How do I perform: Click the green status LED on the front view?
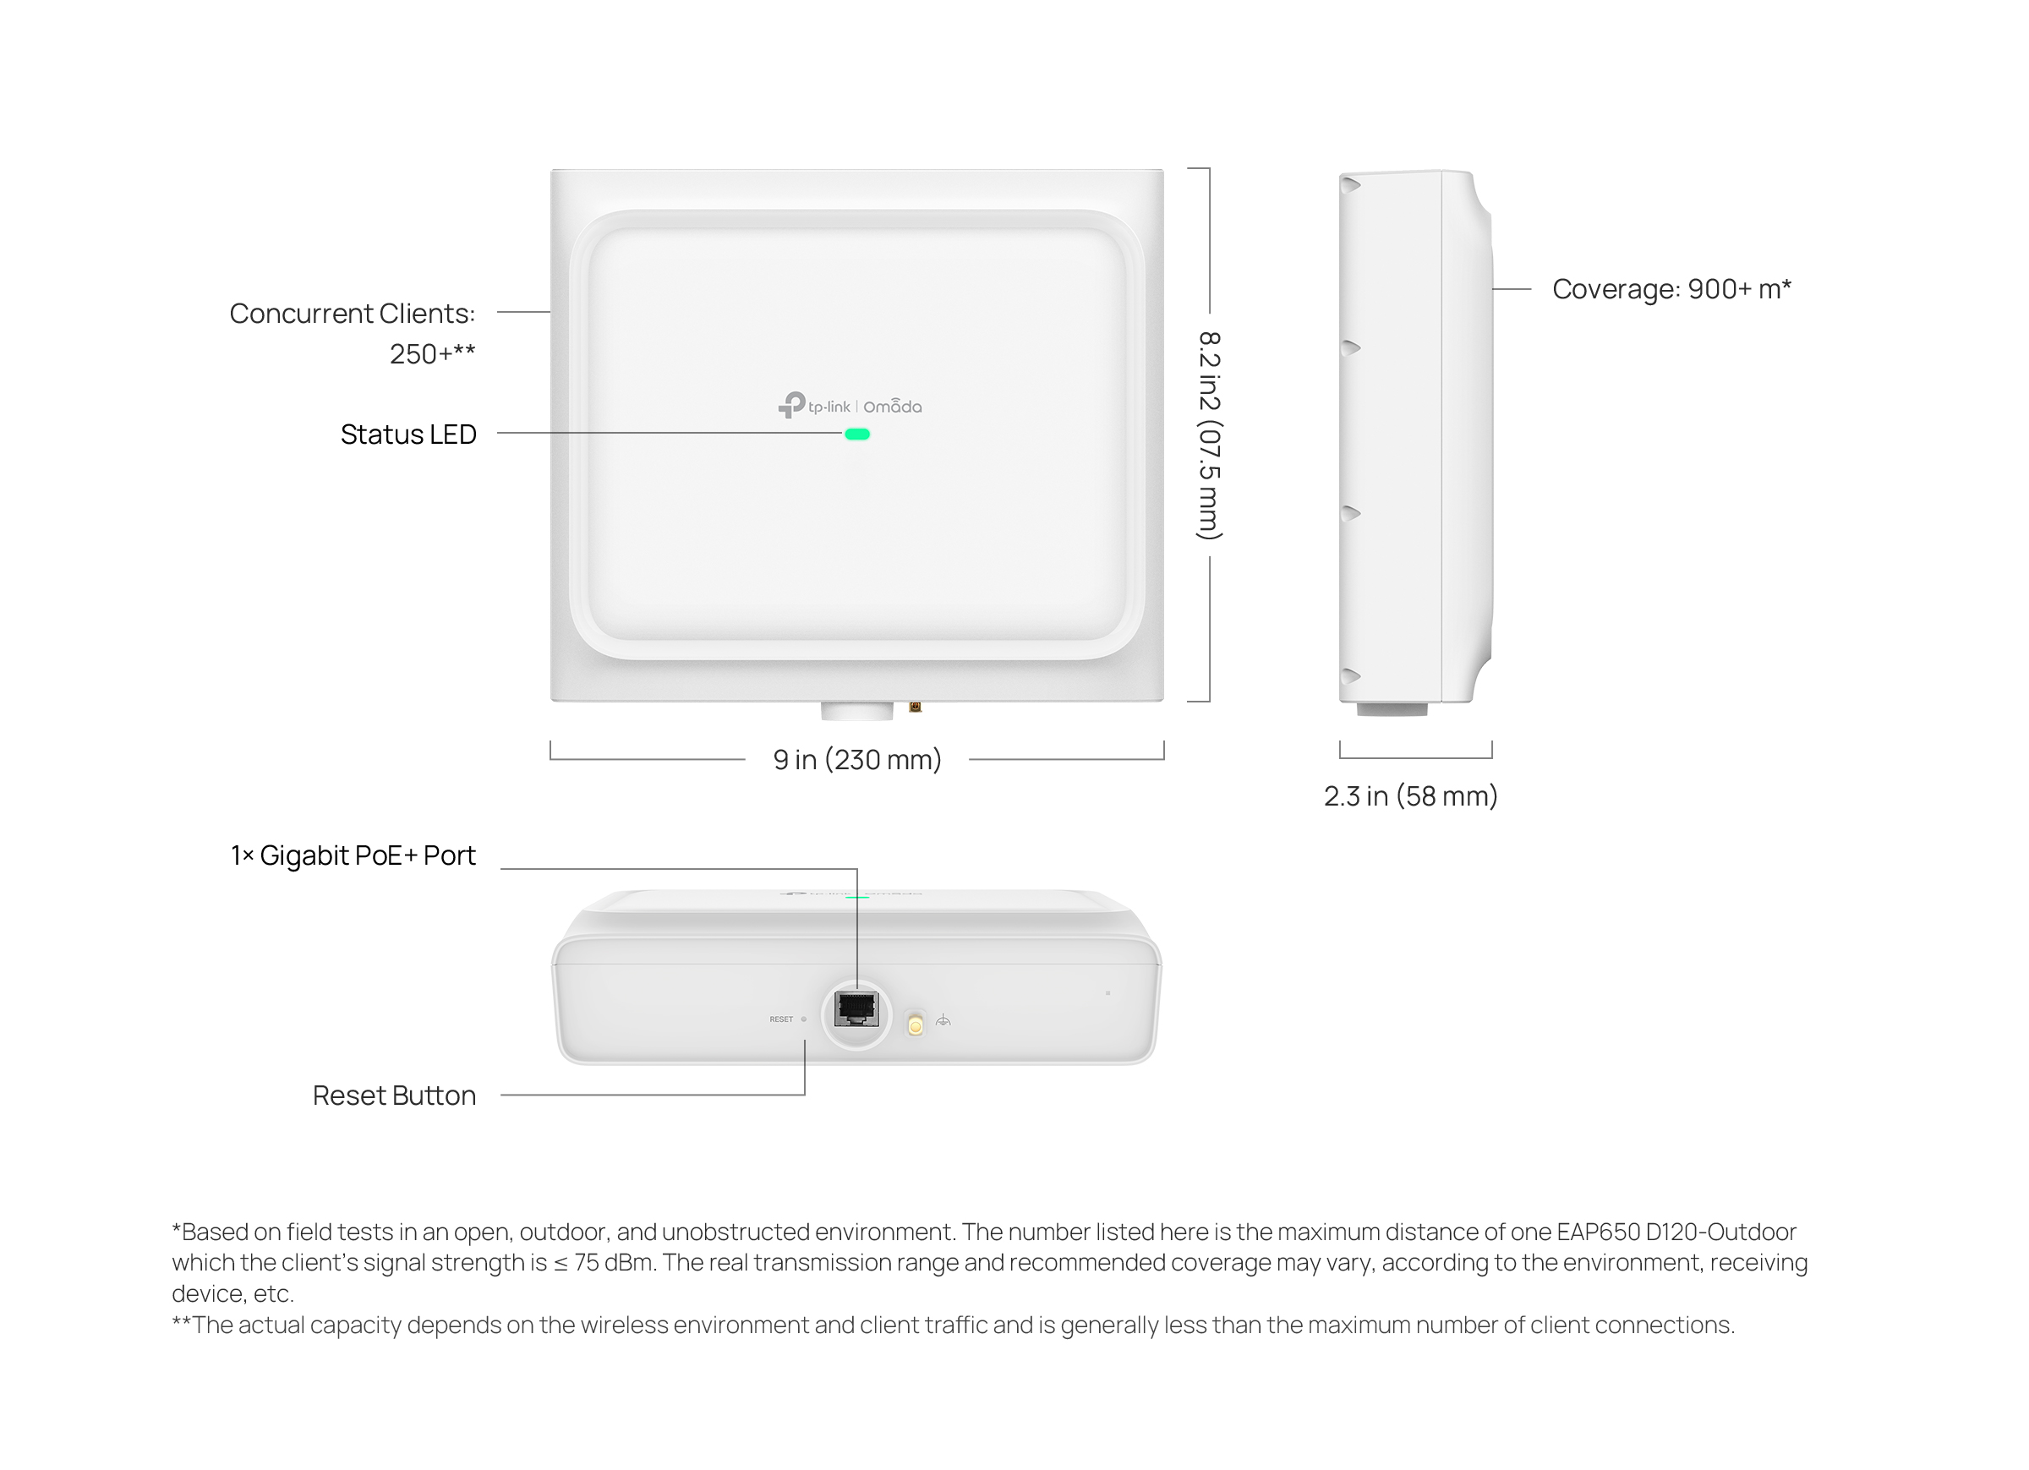click(857, 434)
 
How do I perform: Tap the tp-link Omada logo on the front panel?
click(850, 407)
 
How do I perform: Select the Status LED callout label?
click(408, 434)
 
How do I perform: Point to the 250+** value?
click(432, 354)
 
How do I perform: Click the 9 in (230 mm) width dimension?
click(857, 760)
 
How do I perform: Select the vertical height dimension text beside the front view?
click(1210, 435)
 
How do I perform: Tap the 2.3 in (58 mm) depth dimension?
click(1411, 796)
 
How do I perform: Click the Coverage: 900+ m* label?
click(1672, 289)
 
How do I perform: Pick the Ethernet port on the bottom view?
click(856, 1009)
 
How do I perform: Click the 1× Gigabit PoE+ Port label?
click(353, 855)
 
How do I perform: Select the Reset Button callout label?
click(394, 1096)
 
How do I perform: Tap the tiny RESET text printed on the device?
click(781, 1019)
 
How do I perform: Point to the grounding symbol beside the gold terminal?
click(943, 1021)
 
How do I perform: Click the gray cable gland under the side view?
click(1392, 708)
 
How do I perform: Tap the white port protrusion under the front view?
click(857, 710)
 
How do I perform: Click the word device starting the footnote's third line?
click(201, 1293)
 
